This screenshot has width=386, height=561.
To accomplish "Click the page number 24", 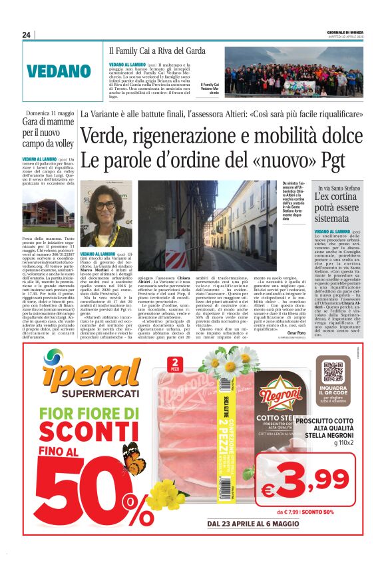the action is point(26,35).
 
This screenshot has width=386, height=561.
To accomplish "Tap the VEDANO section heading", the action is point(59,71).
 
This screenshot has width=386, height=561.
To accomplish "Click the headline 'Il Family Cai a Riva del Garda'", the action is point(158,51).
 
